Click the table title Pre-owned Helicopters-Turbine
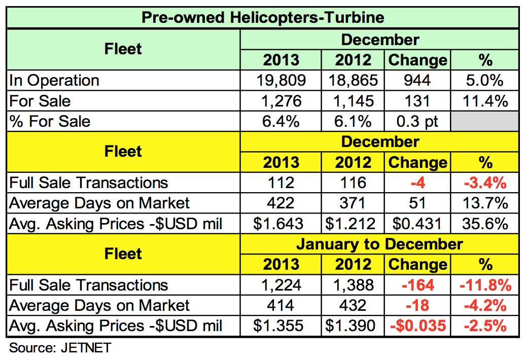263,18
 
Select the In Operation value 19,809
281,80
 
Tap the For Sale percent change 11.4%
485,101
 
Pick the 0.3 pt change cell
417,122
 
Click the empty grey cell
485,122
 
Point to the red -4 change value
417,183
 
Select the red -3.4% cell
485,183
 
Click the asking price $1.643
281,224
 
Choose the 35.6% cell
485,224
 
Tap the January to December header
379,244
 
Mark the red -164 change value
417,285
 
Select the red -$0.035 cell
417,326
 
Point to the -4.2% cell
485,305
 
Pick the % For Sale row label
50,122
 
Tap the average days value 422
281,203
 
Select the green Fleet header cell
123,49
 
